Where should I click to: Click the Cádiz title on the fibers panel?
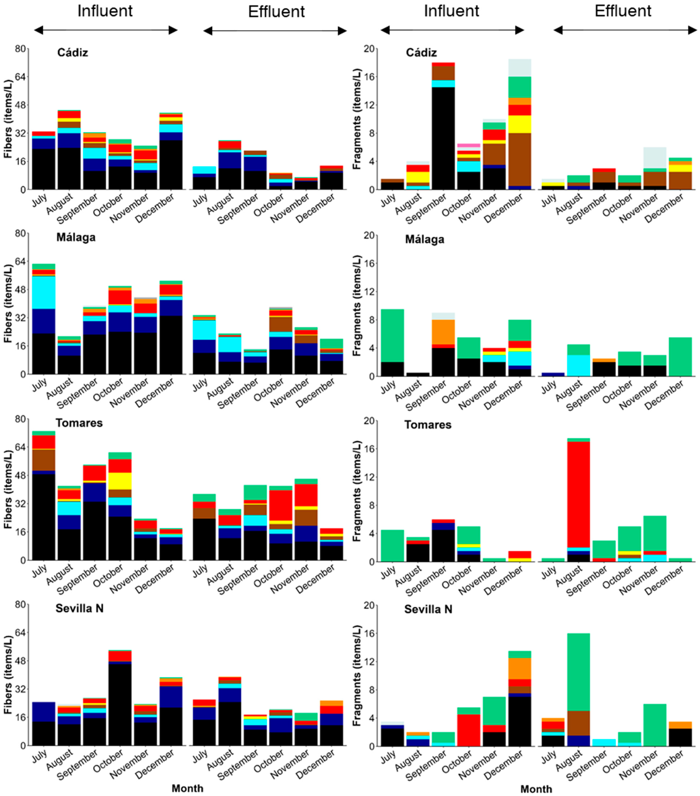[72, 53]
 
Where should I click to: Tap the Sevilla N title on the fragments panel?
[428, 609]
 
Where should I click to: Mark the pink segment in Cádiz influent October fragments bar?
[469, 145]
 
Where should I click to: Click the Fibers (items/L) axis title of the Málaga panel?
[8, 304]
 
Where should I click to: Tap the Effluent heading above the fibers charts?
[276, 12]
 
